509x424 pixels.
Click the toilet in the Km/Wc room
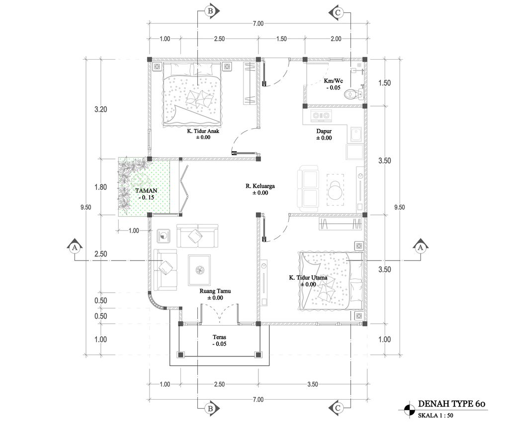[353, 94]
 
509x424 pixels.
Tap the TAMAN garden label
[146, 190]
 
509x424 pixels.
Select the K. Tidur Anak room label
[203, 131]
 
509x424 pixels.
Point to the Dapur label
[324, 131]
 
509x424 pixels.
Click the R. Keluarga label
[260, 186]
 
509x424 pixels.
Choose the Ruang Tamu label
[215, 291]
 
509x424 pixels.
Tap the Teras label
[219, 338]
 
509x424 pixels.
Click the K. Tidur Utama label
[308, 277]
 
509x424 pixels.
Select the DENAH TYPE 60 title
[451, 404]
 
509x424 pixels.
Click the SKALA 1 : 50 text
[435, 415]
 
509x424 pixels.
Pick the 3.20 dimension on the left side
[100, 109]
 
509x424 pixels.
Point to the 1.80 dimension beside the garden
[100, 187]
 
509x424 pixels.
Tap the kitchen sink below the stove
[356, 135]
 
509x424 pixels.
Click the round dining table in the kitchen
[336, 190]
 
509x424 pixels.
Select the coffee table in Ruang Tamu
[199, 270]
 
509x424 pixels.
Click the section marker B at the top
[211, 11]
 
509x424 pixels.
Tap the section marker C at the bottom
[338, 408]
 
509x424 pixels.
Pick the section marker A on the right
[421, 248]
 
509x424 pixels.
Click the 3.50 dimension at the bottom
[313, 384]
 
